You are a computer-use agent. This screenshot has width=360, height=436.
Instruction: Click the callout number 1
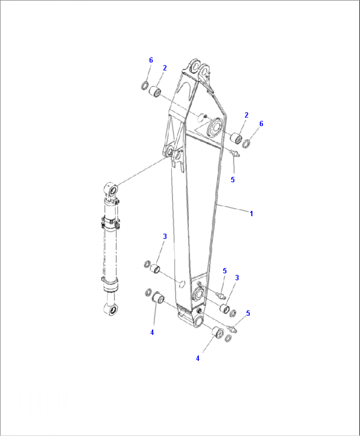[x=251, y=214]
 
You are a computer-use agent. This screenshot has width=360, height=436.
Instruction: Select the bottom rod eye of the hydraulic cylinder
[x=111, y=310]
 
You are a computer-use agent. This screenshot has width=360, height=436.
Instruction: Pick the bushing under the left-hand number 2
[x=155, y=92]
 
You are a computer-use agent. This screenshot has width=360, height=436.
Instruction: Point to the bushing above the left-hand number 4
[x=158, y=297]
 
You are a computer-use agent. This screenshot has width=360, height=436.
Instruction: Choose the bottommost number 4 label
[x=198, y=358]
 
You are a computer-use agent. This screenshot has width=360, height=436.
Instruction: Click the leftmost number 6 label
[x=151, y=60]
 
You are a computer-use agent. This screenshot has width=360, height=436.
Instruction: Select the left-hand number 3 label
[x=165, y=236]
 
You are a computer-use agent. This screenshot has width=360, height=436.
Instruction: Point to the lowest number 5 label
[x=248, y=313]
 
